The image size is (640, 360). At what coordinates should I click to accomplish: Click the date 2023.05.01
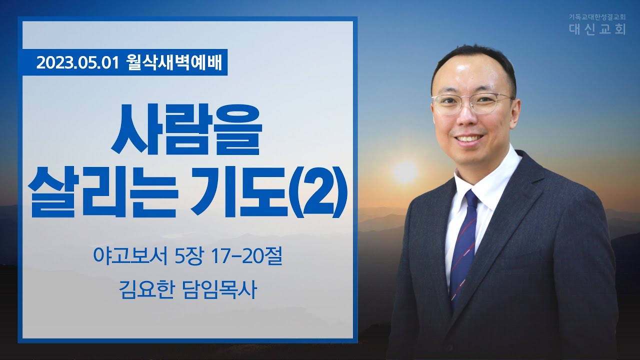pyautogui.click(x=77, y=62)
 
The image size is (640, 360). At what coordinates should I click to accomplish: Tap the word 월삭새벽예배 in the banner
pyautogui.click(x=173, y=62)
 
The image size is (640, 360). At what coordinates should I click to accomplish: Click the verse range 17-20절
pyautogui.click(x=246, y=257)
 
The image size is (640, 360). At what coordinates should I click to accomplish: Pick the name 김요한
pyautogui.click(x=146, y=289)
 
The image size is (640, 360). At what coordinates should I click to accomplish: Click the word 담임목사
pyautogui.click(x=219, y=289)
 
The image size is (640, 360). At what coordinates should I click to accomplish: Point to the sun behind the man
pyautogui.click(x=405, y=172)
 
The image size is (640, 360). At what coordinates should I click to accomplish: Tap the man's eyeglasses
pyautogui.click(x=472, y=103)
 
